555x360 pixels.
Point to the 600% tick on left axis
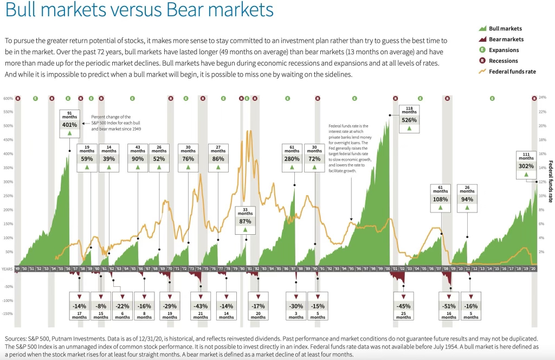tap(8, 99)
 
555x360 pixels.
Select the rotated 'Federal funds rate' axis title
tap(551, 181)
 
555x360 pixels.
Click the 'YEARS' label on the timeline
tap(7, 269)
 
